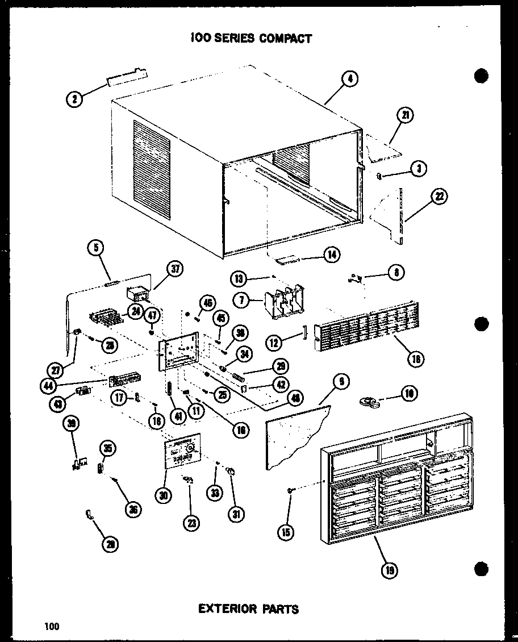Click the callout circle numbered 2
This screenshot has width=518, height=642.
coord(74,99)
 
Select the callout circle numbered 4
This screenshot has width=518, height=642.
coord(350,80)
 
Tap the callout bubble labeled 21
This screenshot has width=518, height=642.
coord(406,116)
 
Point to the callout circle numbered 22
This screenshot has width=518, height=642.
coord(439,197)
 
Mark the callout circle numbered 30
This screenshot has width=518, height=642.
coord(164,495)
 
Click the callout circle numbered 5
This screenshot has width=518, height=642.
coord(95,248)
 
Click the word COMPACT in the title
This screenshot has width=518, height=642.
coord(286,39)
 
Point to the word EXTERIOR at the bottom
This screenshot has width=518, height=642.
coord(224,609)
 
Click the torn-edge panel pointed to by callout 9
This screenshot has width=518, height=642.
coord(295,435)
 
